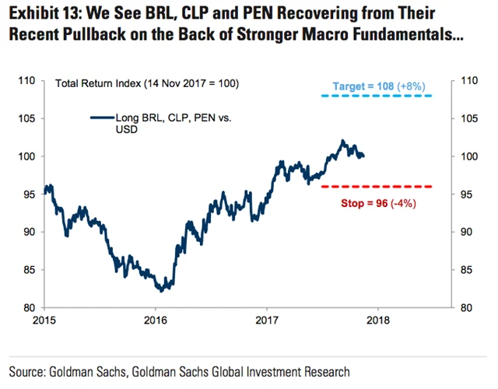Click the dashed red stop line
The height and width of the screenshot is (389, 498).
(377, 186)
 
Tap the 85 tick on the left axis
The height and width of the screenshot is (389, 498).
(30, 270)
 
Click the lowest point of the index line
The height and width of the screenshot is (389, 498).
(160, 291)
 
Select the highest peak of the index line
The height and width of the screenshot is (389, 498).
(343, 141)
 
